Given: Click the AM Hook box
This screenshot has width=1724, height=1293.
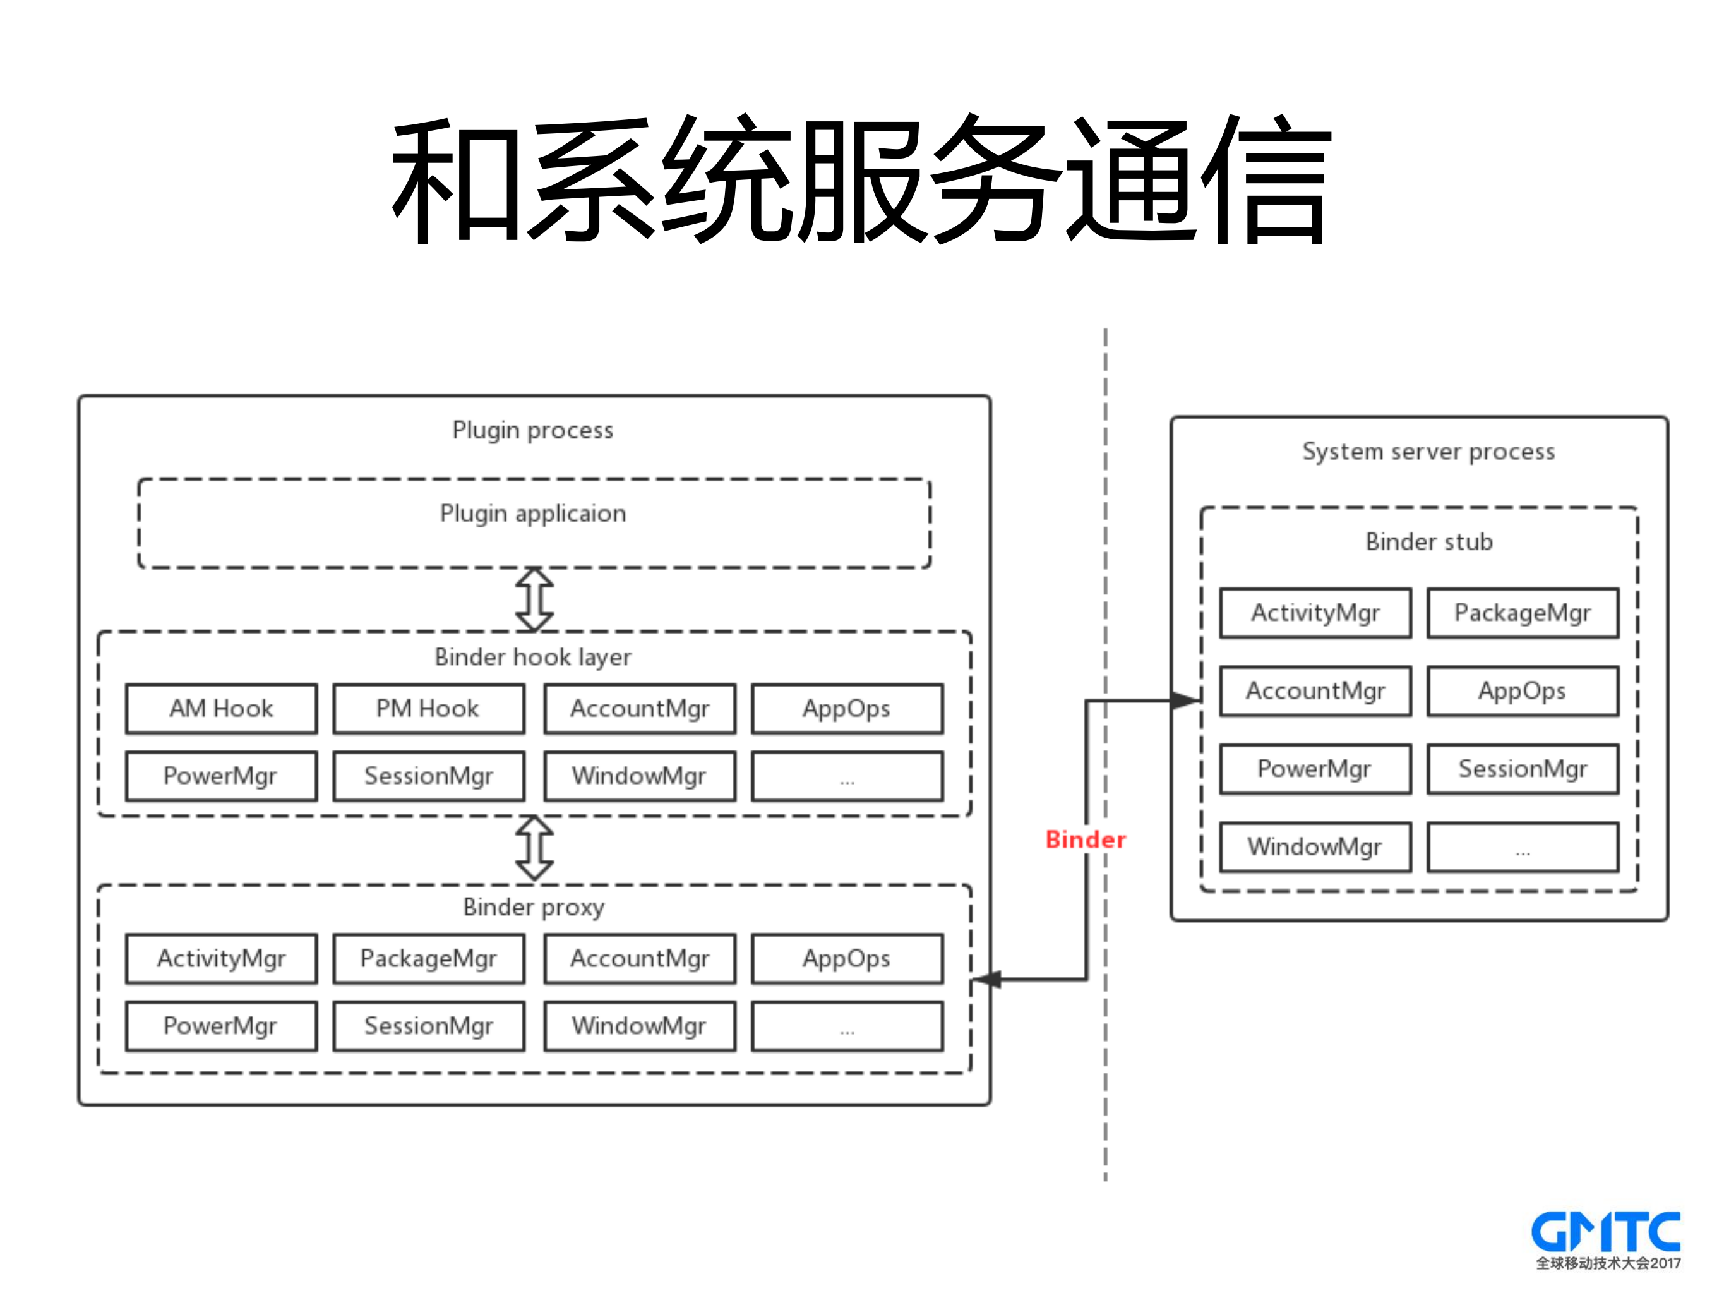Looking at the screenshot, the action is point(222,709).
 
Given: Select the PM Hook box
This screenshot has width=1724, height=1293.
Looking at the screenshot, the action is point(428,709).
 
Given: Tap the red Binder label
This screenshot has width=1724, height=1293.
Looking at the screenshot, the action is point(1085,839).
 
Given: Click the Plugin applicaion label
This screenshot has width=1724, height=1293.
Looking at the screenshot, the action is point(533,514).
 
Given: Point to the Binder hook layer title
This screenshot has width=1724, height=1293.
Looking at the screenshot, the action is point(533,657).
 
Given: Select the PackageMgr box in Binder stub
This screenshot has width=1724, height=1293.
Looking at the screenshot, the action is point(1522,613).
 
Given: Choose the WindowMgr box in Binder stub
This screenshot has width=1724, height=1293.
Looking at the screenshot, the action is point(1315,846).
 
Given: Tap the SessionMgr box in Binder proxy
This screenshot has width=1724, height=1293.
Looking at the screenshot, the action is point(428,1026).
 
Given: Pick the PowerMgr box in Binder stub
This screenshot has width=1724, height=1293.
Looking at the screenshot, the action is point(1315,769).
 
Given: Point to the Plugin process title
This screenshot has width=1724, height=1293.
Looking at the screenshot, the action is point(533,430).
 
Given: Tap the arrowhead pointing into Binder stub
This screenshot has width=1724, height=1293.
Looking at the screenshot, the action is point(1185,700).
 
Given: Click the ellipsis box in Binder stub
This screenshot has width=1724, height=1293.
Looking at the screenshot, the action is point(1522,846).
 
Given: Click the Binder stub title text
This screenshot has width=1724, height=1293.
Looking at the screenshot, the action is point(1428,542).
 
